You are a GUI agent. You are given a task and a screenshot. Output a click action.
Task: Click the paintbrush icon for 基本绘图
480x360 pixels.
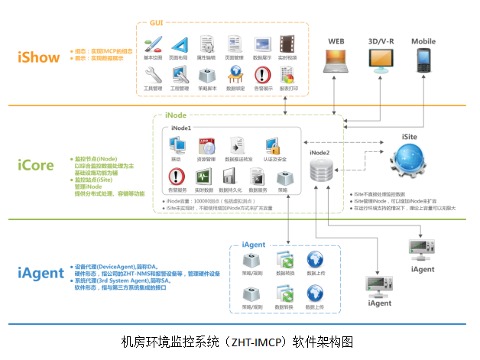[x=153, y=44]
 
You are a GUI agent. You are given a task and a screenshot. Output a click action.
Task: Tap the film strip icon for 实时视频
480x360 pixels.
[x=288, y=44]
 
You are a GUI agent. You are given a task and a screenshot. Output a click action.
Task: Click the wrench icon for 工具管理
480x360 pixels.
[x=153, y=75]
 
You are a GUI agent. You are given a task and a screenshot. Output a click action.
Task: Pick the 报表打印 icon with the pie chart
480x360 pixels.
[x=288, y=75]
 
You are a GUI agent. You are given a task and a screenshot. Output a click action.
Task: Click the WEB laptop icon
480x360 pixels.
[x=336, y=60]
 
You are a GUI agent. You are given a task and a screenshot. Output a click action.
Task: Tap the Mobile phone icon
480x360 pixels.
[x=423, y=59]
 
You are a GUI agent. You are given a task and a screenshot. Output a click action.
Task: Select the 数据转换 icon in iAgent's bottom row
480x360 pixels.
[x=284, y=294]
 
